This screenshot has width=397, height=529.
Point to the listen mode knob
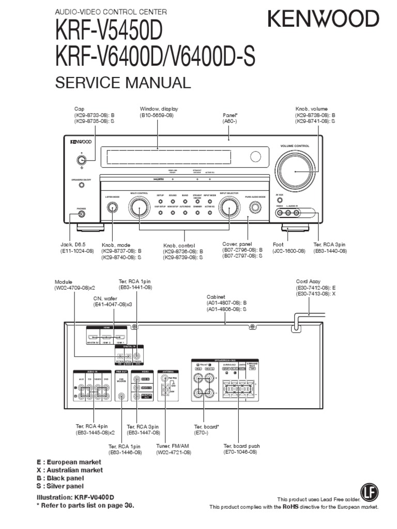point(112,208)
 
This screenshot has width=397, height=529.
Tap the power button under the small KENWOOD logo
point(81,159)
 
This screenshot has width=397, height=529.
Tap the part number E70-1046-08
point(240,452)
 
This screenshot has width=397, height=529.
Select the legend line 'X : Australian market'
point(69,470)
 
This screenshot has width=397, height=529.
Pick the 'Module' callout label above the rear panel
point(65,282)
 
